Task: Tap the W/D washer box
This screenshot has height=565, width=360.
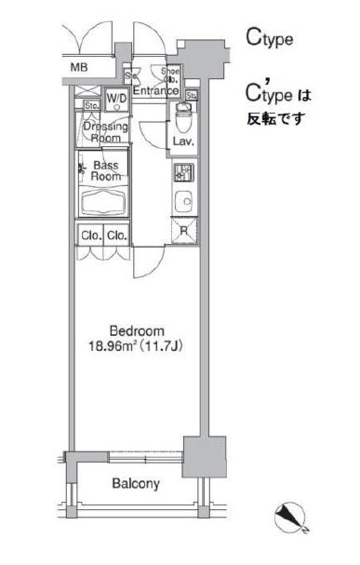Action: (116, 98)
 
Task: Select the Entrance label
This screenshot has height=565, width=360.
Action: (154, 90)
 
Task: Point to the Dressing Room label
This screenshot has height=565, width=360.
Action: (102, 131)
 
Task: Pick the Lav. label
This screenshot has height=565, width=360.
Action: (181, 141)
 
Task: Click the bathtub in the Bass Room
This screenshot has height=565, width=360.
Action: (102, 203)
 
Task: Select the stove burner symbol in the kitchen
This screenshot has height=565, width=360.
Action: (181, 172)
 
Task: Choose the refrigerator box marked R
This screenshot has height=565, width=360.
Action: (183, 232)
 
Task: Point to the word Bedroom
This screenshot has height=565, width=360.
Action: (137, 330)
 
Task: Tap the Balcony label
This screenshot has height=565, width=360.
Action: (136, 484)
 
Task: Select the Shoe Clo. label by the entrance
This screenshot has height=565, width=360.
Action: (170, 74)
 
